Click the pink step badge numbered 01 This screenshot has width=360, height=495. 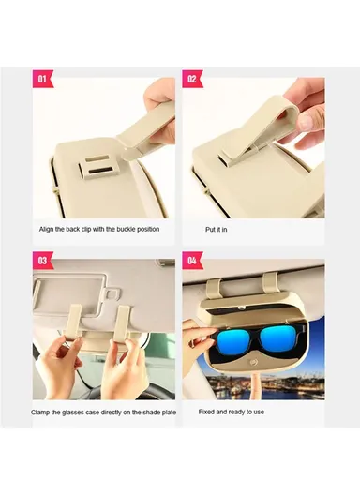[42, 79]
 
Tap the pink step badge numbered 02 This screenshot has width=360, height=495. [191, 79]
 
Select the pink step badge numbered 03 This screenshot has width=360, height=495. [42, 260]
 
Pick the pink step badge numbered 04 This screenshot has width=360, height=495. [191, 260]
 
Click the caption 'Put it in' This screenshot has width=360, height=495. [217, 229]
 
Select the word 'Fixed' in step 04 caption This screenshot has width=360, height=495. [207, 411]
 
